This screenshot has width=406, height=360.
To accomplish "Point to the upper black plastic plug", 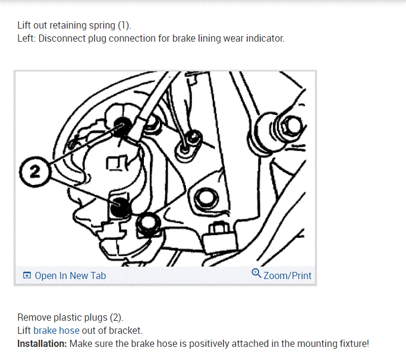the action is tap(124, 127).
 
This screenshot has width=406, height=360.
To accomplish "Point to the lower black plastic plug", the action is tap(120, 207).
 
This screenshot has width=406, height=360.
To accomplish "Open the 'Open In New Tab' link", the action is tap(70, 276).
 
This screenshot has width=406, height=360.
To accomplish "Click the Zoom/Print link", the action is tap(287, 276).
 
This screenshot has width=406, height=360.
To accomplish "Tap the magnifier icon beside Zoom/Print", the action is tap(256, 274).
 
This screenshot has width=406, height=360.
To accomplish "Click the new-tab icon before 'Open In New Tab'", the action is tap(27, 276).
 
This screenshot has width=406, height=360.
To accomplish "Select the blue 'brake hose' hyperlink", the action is tap(56, 330).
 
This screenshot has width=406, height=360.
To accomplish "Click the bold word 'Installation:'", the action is tap(42, 343).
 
